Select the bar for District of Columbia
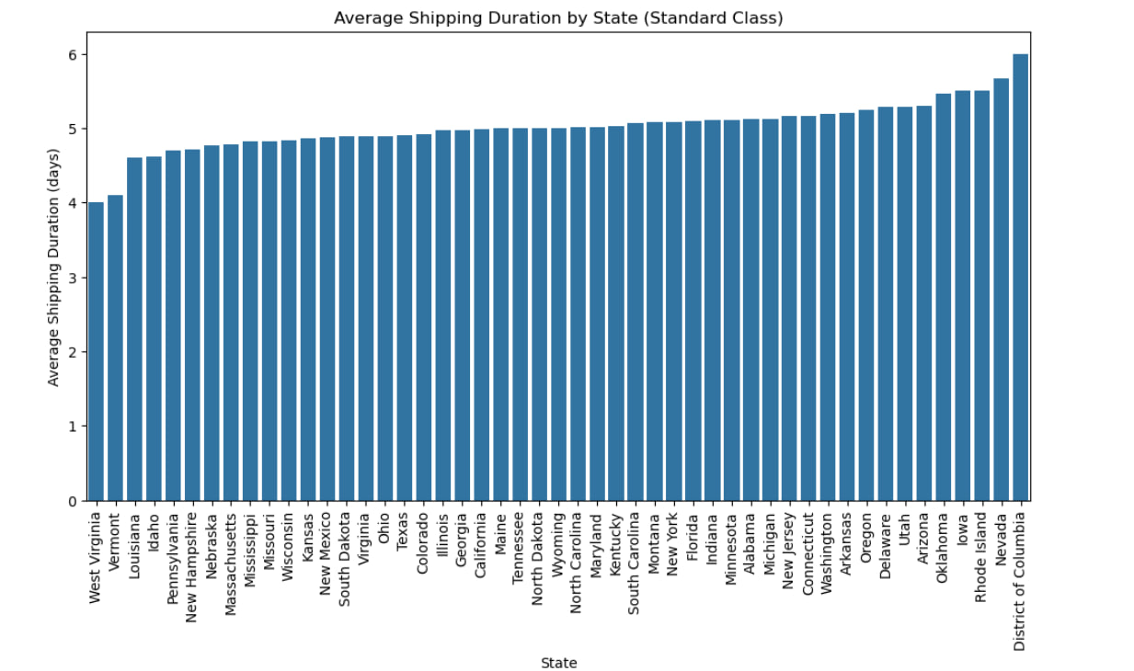tap(1020, 277)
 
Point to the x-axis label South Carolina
tap(635, 563)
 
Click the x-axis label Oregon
tap(866, 537)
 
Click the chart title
tap(558, 17)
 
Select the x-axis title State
tap(558, 663)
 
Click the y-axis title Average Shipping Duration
tap(53, 267)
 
